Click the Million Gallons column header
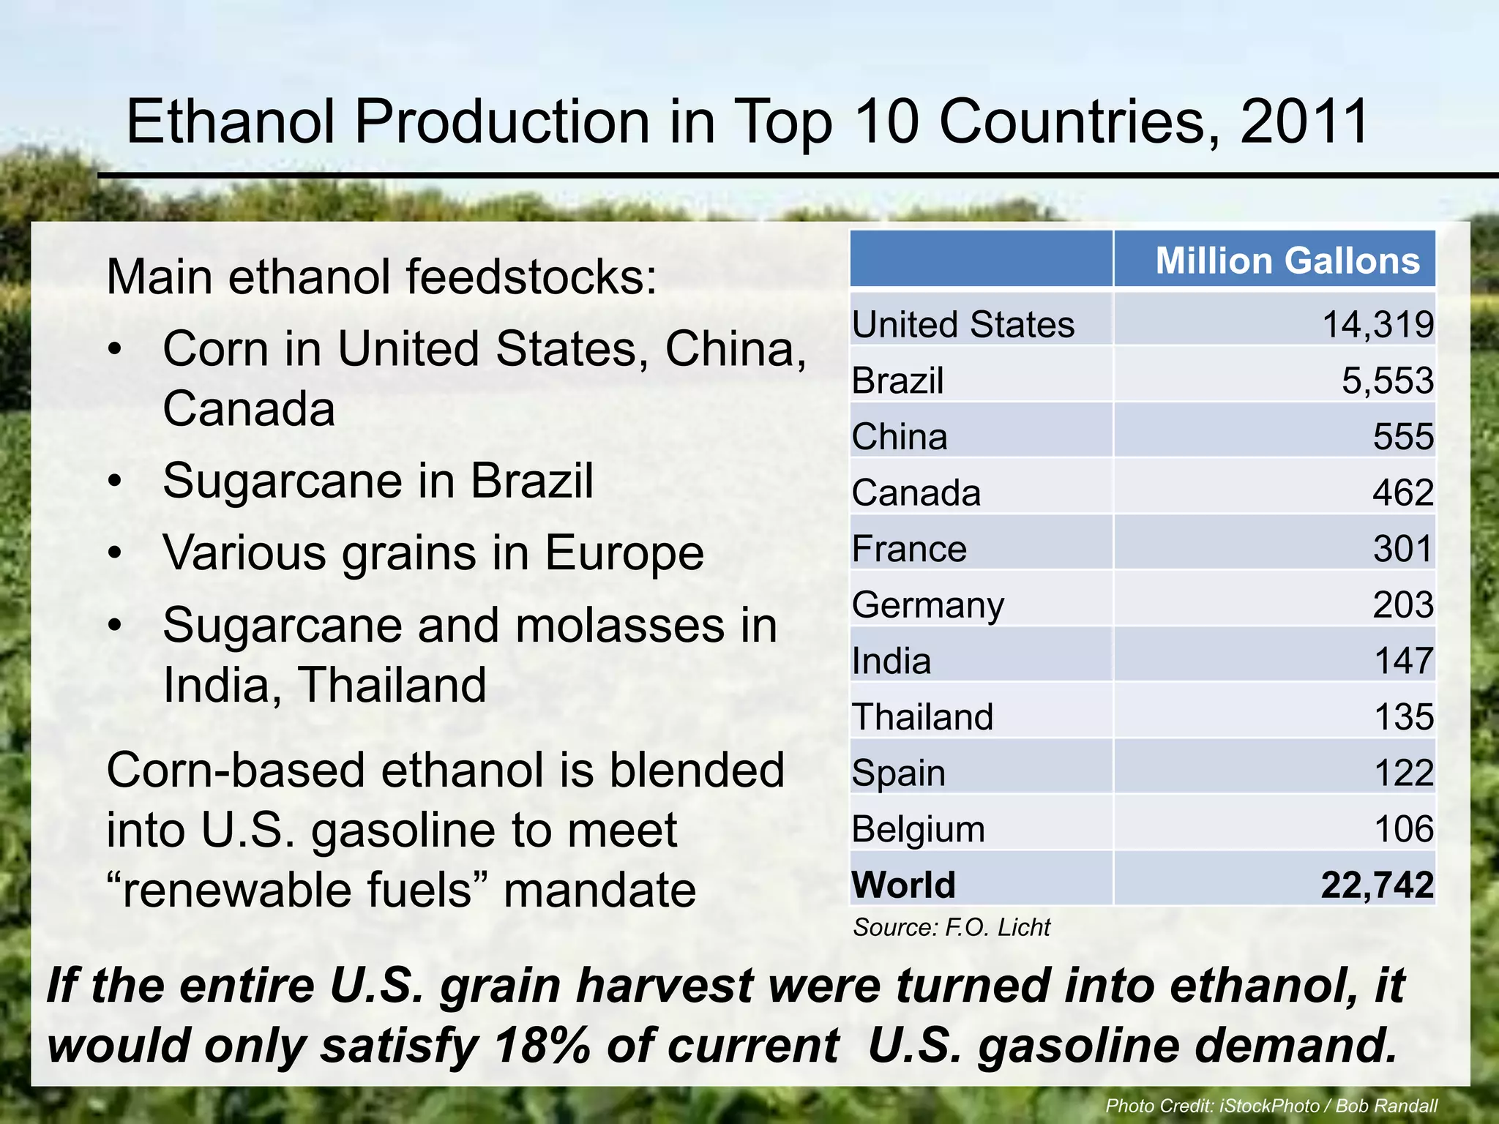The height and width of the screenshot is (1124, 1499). [x=1287, y=261]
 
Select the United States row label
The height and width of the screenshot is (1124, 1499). [x=963, y=324]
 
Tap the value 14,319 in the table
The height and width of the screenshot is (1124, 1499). [x=1377, y=324]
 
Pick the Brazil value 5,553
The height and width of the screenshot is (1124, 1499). [x=1387, y=381]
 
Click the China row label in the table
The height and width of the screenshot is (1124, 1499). [x=900, y=437]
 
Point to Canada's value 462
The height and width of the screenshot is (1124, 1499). [x=1402, y=492]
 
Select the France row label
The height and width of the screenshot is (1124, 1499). [x=909, y=549]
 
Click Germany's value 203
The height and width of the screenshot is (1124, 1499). [x=1402, y=605]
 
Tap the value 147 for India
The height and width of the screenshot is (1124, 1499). [x=1403, y=661]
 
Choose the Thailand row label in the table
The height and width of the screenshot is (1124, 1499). [x=922, y=717]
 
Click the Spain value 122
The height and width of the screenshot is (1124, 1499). [x=1403, y=773]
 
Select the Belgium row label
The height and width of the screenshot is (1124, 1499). [x=918, y=829]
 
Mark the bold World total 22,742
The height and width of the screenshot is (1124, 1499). [x=1377, y=885]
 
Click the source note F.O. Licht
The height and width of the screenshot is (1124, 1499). [x=952, y=928]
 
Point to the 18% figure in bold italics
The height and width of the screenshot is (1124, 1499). [x=541, y=1045]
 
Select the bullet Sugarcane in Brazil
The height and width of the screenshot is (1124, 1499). [x=378, y=482]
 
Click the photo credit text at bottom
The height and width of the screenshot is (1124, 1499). [x=1271, y=1106]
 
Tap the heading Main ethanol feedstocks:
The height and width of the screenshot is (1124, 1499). [x=381, y=278]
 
